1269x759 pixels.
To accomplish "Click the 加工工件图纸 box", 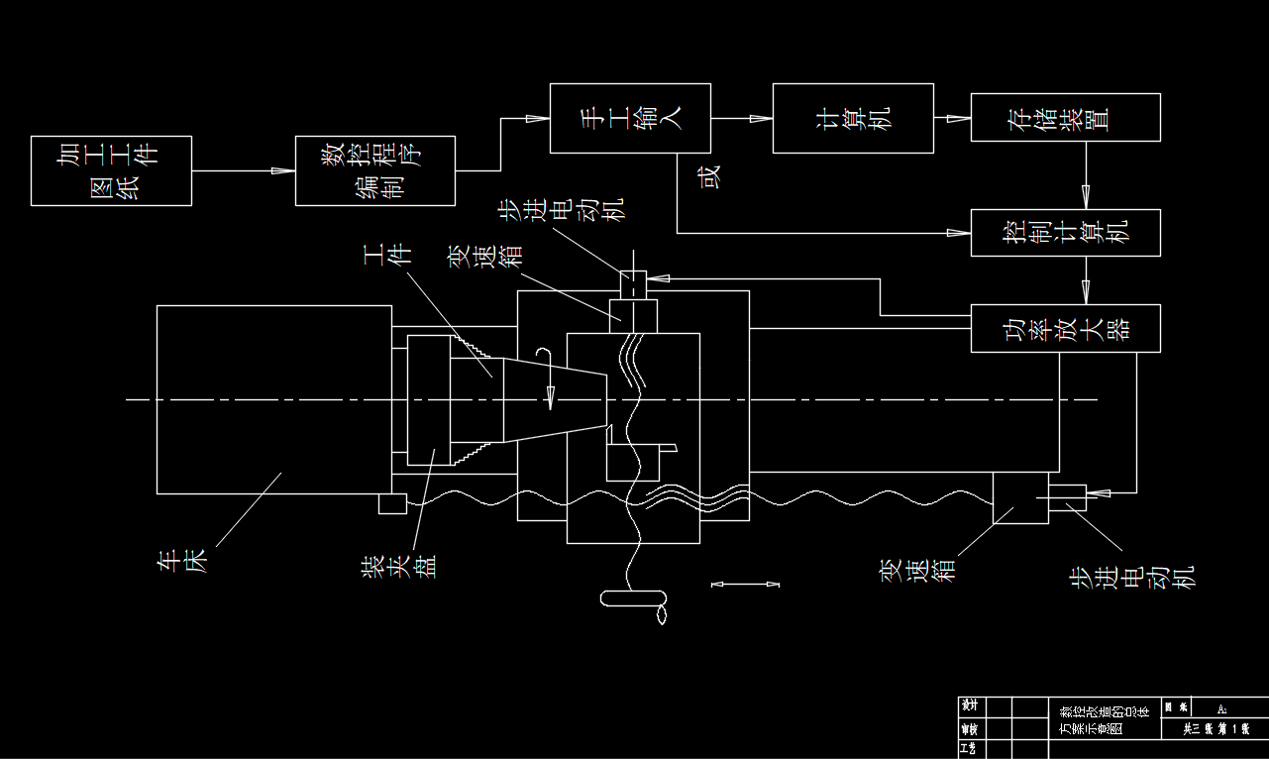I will (x=111, y=170).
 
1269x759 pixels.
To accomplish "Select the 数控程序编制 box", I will (x=375, y=170).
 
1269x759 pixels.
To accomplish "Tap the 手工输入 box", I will (x=630, y=118).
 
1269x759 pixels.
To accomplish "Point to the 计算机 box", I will (x=853, y=118).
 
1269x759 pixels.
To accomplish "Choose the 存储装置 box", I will (x=1065, y=117).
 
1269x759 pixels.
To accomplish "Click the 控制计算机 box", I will (x=1065, y=233).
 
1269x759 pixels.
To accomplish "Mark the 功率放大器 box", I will (x=1065, y=328).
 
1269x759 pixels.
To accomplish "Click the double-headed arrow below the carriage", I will (x=746, y=585).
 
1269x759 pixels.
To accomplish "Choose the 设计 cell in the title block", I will (x=970, y=705).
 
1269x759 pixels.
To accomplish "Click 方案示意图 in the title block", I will (x=1092, y=728).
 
